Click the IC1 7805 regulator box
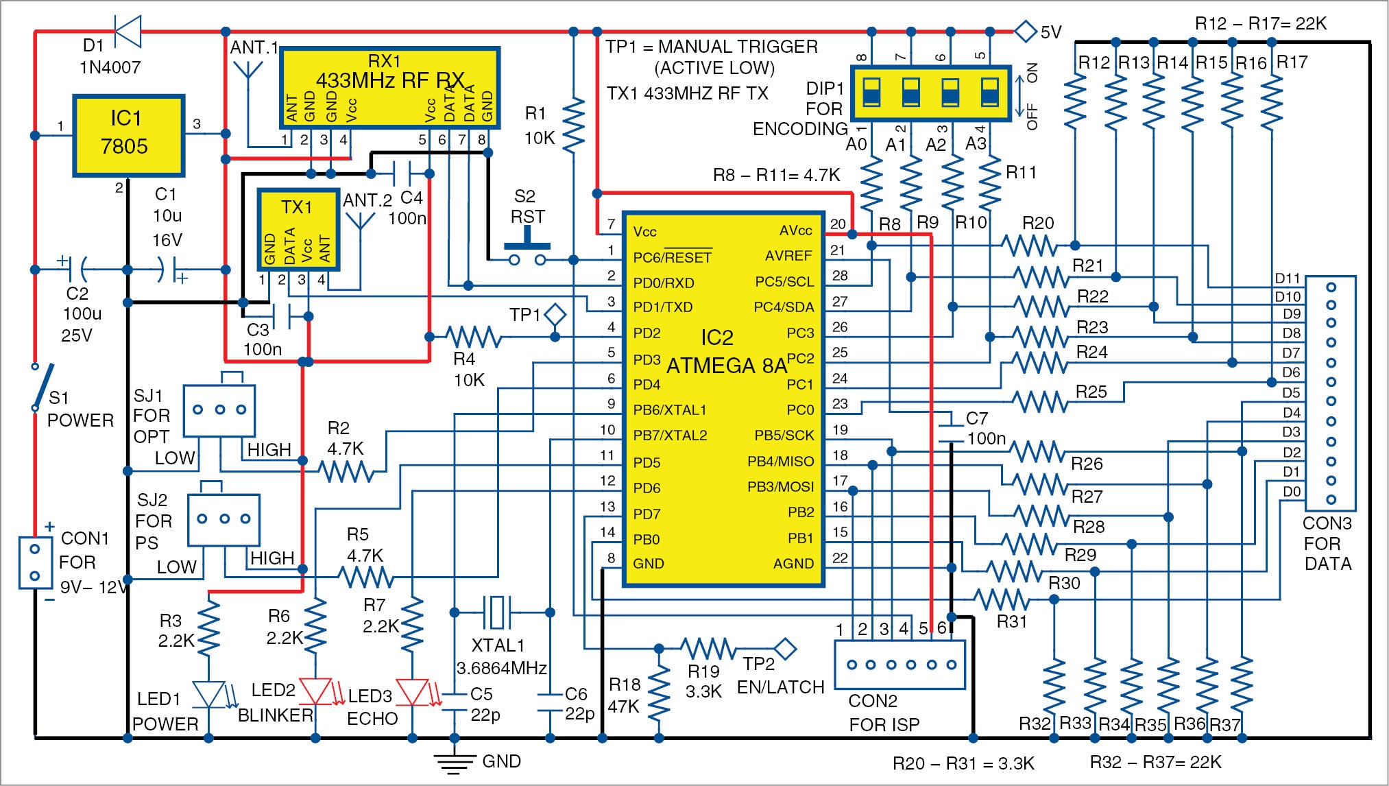click(128, 135)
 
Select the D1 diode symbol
click(128, 31)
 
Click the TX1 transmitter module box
click(298, 230)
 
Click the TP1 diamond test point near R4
click(555, 315)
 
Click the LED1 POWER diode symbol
click(208, 694)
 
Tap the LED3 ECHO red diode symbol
click(413, 692)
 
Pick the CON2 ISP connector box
click(899, 664)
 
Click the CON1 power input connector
click(35, 563)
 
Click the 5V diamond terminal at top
click(1025, 31)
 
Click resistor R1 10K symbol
click(573, 123)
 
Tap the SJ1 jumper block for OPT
click(219, 409)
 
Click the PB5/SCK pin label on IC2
click(784, 436)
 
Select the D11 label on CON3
click(1287, 278)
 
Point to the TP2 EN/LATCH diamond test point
click(784, 647)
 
